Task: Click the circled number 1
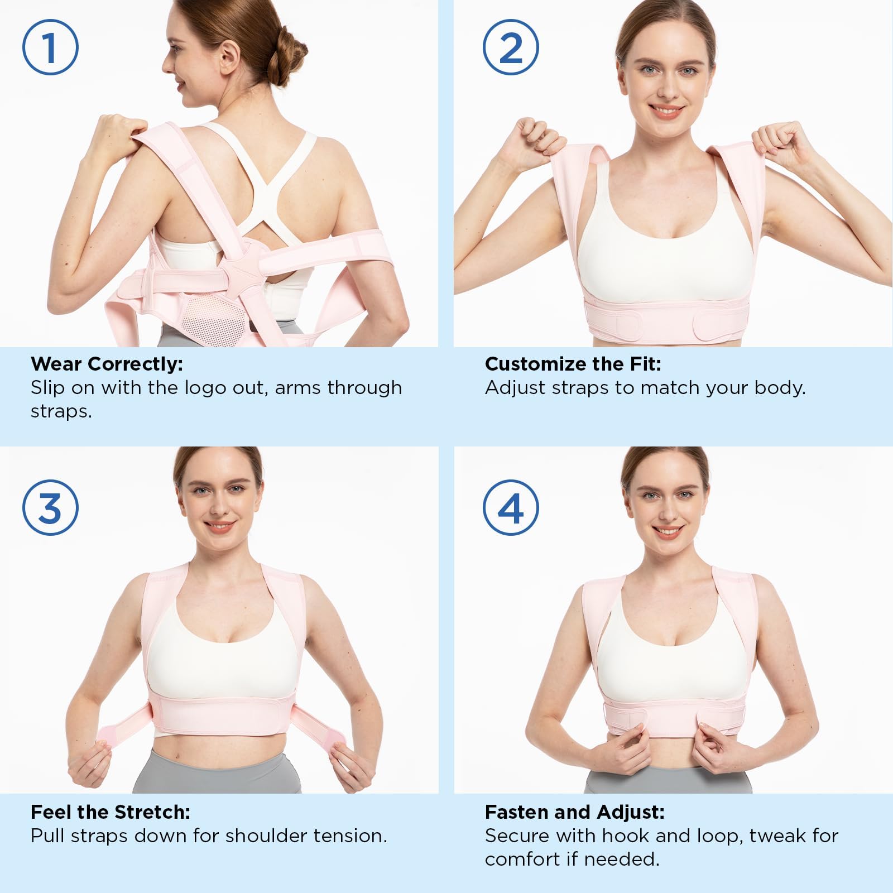(x=50, y=47)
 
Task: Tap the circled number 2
(x=511, y=47)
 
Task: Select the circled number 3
(x=50, y=508)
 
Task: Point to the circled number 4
(x=511, y=508)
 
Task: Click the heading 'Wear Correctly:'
(x=107, y=364)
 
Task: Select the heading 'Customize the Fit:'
(x=573, y=364)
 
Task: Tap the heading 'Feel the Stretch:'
(x=111, y=812)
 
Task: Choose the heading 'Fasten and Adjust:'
(x=575, y=813)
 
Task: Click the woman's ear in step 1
(x=228, y=56)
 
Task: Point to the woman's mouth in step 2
(x=666, y=110)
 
